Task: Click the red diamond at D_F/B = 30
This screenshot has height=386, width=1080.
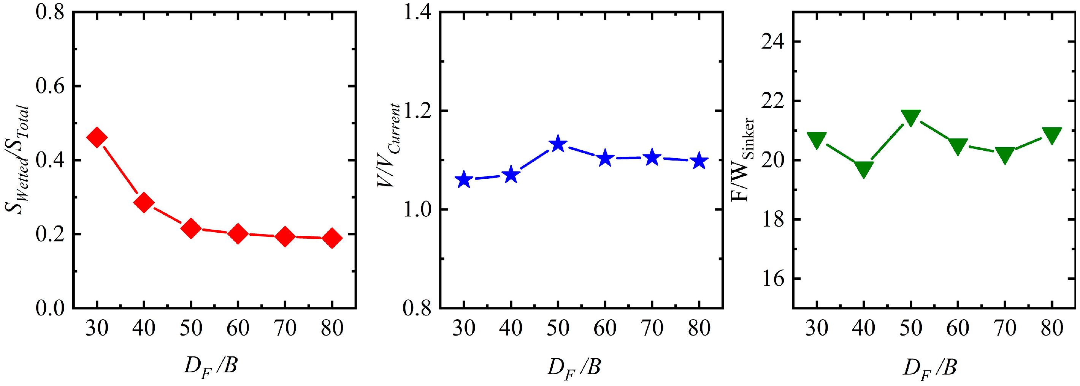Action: [97, 138]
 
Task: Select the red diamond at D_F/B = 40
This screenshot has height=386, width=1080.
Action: [144, 203]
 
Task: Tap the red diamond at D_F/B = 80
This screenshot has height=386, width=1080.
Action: [332, 238]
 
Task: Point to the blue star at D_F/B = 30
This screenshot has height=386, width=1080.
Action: [464, 180]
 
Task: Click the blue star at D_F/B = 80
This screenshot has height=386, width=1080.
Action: [699, 161]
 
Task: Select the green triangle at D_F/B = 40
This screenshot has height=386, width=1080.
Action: [864, 170]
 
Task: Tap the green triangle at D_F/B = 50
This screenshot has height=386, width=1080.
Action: [910, 118]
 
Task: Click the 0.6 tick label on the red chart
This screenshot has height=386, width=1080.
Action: [50, 86]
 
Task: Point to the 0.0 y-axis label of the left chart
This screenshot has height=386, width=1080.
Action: [50, 308]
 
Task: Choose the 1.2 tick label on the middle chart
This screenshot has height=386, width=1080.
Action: [417, 111]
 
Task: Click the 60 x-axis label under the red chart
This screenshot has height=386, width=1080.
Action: [238, 328]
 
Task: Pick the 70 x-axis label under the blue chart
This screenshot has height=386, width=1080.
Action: [652, 328]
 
